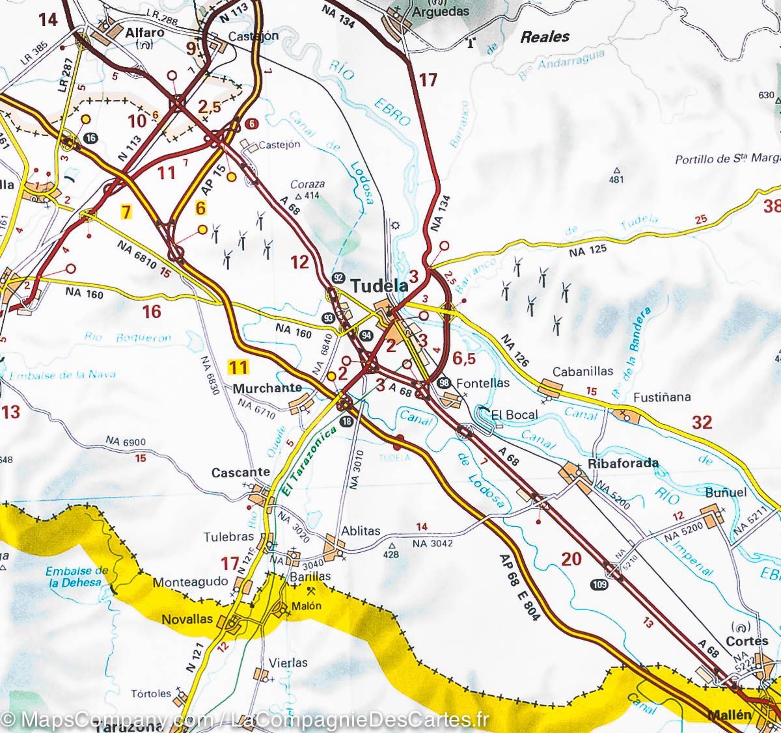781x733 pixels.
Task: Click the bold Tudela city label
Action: click(379, 286)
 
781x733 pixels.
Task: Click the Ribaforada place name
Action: click(623, 464)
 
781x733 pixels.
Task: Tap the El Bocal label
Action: click(514, 414)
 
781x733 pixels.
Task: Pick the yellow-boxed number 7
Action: click(125, 211)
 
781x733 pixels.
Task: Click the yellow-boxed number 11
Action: click(238, 367)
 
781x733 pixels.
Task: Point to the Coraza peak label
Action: click(308, 185)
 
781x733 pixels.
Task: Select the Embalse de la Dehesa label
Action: click(77, 577)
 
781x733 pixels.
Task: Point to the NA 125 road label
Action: click(588, 249)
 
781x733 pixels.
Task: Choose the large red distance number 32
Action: click(702, 423)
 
